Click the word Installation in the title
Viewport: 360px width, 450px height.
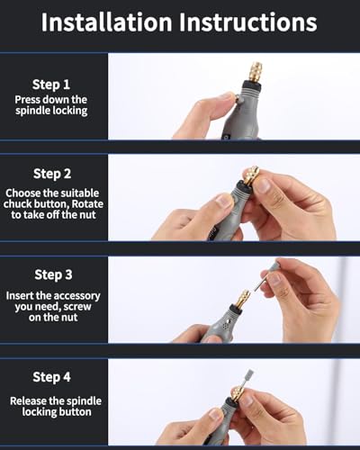[x=106, y=22]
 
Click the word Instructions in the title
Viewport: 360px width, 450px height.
[x=248, y=22]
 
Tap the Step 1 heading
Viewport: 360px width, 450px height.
[x=51, y=85]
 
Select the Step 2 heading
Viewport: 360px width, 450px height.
[x=52, y=174]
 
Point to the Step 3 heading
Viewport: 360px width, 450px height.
[x=53, y=274]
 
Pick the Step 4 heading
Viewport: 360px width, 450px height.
[x=51, y=377]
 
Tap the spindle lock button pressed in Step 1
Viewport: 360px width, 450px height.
[x=238, y=98]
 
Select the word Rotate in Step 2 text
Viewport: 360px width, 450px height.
[x=87, y=204]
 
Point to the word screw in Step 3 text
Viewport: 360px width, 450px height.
[x=77, y=307]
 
